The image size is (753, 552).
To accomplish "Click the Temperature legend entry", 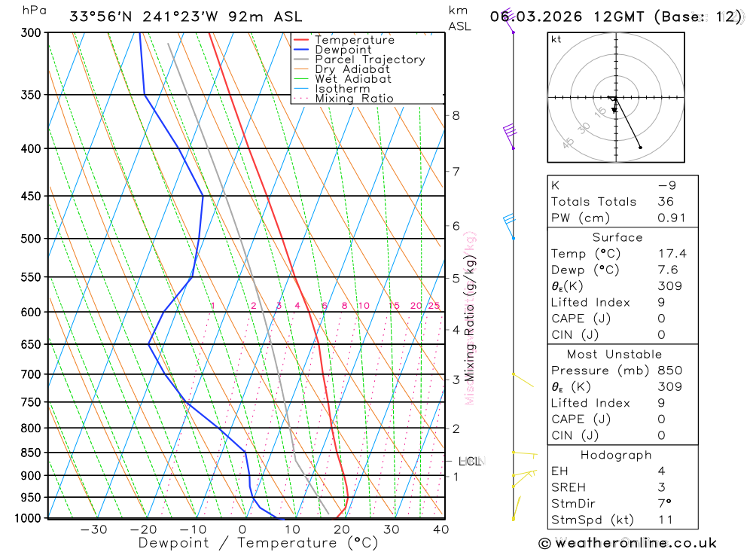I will tap(354, 40).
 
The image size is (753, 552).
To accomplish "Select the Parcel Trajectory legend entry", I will tap(370, 59).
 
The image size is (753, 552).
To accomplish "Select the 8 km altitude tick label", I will tap(456, 115).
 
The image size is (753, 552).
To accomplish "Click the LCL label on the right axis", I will tap(469, 461).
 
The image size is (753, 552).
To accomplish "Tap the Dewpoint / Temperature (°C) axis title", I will tap(258, 543).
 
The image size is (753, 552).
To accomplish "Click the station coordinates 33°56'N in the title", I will tap(100, 17).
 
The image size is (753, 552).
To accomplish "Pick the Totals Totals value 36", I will tap(665, 202).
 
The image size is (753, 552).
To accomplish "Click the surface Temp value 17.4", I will tap(672, 254).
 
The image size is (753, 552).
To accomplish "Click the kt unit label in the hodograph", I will tap(556, 40).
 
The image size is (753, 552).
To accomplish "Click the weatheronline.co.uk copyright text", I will tap(627, 543).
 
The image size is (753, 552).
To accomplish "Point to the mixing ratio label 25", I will tap(434, 306).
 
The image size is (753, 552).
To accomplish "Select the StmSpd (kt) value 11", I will tap(665, 520).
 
